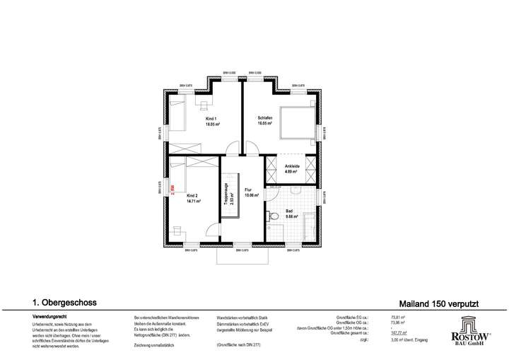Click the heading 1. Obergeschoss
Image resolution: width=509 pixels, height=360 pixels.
62,302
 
